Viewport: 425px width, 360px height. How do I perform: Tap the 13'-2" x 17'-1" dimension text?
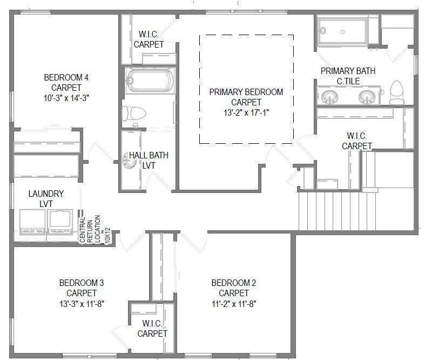point(246,112)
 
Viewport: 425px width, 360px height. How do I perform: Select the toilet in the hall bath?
point(134,114)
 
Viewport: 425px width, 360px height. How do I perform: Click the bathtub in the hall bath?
point(150,81)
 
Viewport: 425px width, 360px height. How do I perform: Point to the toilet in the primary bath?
point(397,92)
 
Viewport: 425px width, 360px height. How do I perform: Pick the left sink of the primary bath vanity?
point(329,97)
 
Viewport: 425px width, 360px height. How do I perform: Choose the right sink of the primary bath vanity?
point(367,97)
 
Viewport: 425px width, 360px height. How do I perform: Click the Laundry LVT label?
point(46,198)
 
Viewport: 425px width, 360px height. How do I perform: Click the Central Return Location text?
point(90,230)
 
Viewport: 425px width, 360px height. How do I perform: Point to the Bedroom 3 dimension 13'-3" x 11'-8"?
point(82,304)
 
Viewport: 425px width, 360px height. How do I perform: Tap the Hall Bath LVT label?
point(149,160)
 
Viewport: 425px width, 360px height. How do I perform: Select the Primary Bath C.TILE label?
point(348,76)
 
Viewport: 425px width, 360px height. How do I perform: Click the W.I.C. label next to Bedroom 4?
point(149,39)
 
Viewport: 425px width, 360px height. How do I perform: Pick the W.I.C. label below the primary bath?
point(357,141)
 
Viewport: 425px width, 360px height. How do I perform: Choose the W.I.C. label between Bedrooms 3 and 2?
point(152,328)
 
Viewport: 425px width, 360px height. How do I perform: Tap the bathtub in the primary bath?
point(342,31)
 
